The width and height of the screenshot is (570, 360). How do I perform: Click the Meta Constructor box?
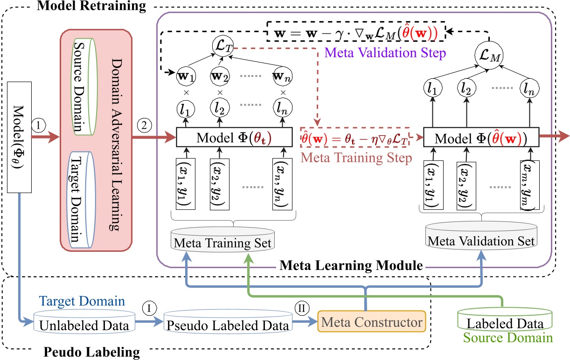click(372, 322)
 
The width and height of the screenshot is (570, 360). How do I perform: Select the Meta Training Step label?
click(357, 158)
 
